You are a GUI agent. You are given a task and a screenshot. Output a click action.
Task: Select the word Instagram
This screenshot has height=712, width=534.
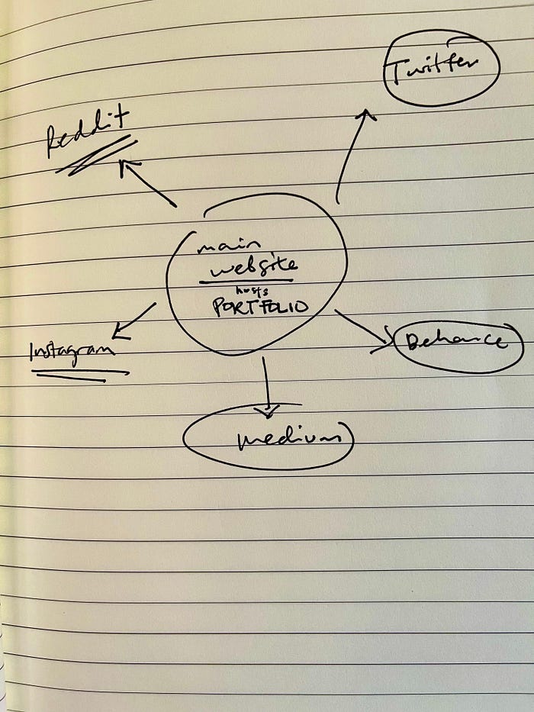tap(72, 353)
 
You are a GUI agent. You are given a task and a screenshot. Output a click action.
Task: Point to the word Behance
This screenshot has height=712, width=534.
tap(455, 341)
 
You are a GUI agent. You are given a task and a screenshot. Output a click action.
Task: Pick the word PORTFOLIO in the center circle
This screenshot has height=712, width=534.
tap(260, 307)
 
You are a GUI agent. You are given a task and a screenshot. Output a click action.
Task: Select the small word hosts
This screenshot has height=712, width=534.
tap(252, 291)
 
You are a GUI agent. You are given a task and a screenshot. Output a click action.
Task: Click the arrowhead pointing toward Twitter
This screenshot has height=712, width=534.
tap(366, 114)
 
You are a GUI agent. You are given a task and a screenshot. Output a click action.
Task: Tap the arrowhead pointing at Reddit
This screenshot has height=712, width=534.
tap(128, 166)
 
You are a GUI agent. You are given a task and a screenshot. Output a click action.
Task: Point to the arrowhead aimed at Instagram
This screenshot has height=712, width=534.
tap(120, 331)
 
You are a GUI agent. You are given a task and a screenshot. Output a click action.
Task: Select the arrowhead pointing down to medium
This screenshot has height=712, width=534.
tap(268, 411)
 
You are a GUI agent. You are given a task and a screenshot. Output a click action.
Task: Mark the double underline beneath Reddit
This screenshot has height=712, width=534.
tap(96, 156)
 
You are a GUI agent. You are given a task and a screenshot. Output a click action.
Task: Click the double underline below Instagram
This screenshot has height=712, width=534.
tap(80, 375)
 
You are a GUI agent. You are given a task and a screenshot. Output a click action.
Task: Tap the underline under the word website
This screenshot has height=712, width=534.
tap(246, 281)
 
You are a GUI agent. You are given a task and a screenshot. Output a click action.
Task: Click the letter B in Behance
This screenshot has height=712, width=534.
tap(413, 341)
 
